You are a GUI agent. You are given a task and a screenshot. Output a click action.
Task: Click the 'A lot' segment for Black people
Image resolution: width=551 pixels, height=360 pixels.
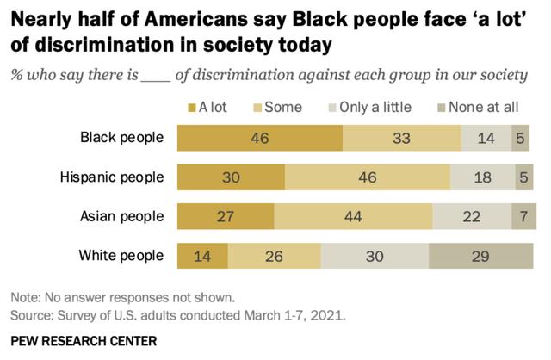tap(259, 138)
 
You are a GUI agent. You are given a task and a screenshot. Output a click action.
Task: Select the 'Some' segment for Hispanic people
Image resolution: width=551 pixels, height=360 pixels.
tap(367, 177)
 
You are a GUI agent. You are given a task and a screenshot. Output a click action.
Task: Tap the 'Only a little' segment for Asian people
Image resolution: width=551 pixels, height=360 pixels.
tap(471, 216)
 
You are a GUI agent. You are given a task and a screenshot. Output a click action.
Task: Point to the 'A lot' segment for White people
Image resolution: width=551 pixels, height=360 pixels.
tap(202, 256)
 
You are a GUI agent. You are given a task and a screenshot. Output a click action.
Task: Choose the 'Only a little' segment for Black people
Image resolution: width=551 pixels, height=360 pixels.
tap(486, 138)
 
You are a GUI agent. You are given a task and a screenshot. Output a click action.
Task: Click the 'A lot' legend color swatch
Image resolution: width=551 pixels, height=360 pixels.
tap(191, 108)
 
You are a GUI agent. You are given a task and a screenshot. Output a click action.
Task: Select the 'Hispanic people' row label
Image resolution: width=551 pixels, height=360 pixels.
tap(111, 177)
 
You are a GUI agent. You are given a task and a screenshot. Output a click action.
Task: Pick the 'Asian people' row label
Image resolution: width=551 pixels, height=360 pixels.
tap(127, 216)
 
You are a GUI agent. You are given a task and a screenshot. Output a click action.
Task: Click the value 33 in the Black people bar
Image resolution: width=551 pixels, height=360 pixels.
tap(401, 138)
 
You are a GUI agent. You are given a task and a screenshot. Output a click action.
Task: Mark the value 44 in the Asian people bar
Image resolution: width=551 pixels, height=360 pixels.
tap(353, 216)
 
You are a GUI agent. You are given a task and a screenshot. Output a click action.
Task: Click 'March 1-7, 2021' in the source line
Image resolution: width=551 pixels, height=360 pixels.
tap(292, 315)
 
